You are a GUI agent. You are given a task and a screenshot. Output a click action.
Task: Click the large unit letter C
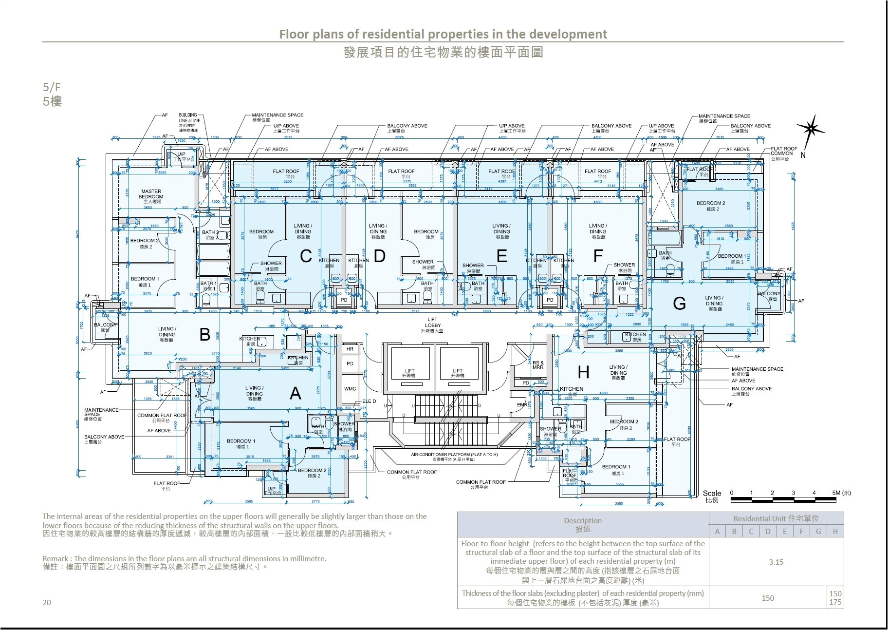coord(306,256)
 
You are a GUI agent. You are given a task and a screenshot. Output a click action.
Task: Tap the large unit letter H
coord(583,373)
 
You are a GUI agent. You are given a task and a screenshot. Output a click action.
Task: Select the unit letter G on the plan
coord(679,304)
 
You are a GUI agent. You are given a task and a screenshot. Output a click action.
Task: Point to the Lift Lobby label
coord(432,323)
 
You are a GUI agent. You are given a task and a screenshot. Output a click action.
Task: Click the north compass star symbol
coord(811,128)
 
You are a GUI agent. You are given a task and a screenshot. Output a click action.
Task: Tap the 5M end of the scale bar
coord(841,493)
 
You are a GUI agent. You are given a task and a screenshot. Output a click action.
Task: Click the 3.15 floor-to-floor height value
coord(776,562)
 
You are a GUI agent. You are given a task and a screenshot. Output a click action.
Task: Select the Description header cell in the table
coord(583,524)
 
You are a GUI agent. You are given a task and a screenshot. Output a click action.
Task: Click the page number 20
coord(47,602)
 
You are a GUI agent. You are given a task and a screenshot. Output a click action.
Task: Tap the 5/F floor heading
coord(52,87)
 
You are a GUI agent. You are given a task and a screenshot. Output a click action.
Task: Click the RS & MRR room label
coord(537,364)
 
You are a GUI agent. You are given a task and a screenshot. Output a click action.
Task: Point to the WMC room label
coord(350,389)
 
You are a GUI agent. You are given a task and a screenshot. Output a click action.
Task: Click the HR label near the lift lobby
coord(350,349)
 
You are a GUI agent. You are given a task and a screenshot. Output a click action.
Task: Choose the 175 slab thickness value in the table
coord(835,602)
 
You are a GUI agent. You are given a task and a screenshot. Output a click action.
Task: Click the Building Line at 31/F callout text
coord(188,120)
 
